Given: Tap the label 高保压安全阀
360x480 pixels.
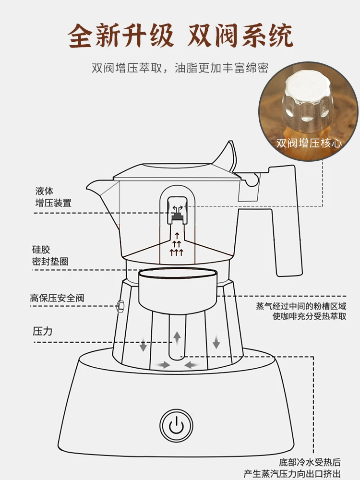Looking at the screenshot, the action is [x=57, y=298].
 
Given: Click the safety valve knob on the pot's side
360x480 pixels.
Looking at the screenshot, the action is [x=120, y=304].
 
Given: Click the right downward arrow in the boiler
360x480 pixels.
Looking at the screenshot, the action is [x=216, y=342].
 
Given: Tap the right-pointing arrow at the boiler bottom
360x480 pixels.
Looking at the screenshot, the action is [x=164, y=365].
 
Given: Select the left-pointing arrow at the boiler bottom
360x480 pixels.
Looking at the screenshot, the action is [x=192, y=365].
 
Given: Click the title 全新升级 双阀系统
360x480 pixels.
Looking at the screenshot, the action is [x=180, y=36].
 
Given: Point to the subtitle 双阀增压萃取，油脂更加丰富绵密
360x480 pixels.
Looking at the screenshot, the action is [x=180, y=68].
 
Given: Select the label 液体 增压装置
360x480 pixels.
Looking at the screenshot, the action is [x=53, y=197].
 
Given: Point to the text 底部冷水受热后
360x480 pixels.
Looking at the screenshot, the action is [x=311, y=462].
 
